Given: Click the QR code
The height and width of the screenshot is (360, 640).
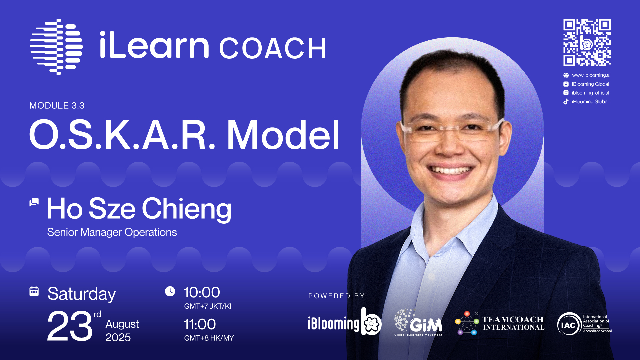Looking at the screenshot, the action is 587,43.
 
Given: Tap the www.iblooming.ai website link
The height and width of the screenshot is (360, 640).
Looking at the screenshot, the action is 591,75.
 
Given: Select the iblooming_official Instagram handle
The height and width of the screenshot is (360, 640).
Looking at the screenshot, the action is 590,93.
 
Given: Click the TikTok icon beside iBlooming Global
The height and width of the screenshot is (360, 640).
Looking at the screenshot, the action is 566,102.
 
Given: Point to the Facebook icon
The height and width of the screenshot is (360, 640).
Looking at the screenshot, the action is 566,84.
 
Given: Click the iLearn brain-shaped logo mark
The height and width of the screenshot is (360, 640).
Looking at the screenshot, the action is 56,47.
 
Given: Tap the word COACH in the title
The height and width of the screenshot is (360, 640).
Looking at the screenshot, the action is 273,49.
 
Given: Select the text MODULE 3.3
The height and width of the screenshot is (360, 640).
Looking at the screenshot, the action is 57,106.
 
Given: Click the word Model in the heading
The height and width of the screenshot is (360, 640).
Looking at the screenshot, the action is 283,135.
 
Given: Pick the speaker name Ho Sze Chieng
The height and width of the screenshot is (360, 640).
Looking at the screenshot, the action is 139,209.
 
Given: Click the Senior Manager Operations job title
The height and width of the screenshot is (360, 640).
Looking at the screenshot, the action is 112,232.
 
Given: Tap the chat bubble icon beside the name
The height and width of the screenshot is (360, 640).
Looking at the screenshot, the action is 34,202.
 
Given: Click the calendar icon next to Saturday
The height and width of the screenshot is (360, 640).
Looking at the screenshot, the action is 34,291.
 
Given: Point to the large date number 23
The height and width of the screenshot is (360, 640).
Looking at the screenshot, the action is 70,326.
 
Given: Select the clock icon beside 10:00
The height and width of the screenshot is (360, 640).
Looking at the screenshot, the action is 170,291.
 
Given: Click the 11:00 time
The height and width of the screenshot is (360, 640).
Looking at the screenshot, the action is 200,324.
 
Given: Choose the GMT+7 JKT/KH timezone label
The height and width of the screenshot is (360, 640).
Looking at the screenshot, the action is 209,306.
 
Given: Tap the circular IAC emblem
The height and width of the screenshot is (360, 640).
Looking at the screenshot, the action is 569,324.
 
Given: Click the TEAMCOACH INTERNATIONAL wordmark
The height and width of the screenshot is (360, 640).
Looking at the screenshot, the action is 513,323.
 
